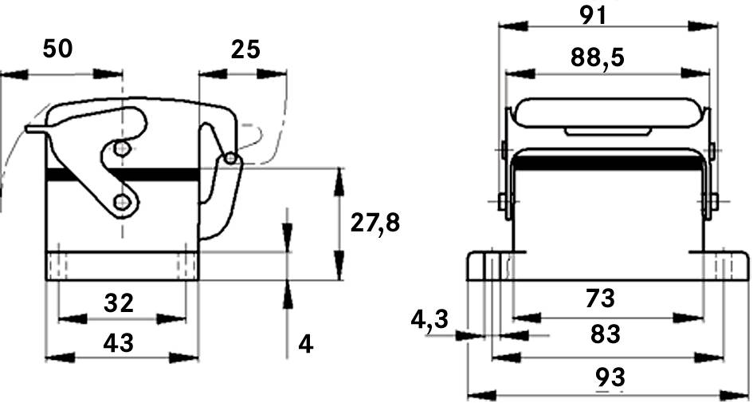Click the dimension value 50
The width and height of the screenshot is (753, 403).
click(57, 49)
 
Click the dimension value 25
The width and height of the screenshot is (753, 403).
click(245, 49)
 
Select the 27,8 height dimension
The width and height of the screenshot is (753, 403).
click(375, 223)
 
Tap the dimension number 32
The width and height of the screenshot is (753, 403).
click(120, 302)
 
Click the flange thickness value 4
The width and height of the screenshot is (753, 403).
click(305, 344)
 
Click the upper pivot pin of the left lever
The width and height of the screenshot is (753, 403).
click(121, 149)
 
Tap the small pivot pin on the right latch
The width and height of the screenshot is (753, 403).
click(230, 159)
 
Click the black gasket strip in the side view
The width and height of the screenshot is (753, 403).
click(120, 175)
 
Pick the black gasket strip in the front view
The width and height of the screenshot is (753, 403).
click(607, 164)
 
